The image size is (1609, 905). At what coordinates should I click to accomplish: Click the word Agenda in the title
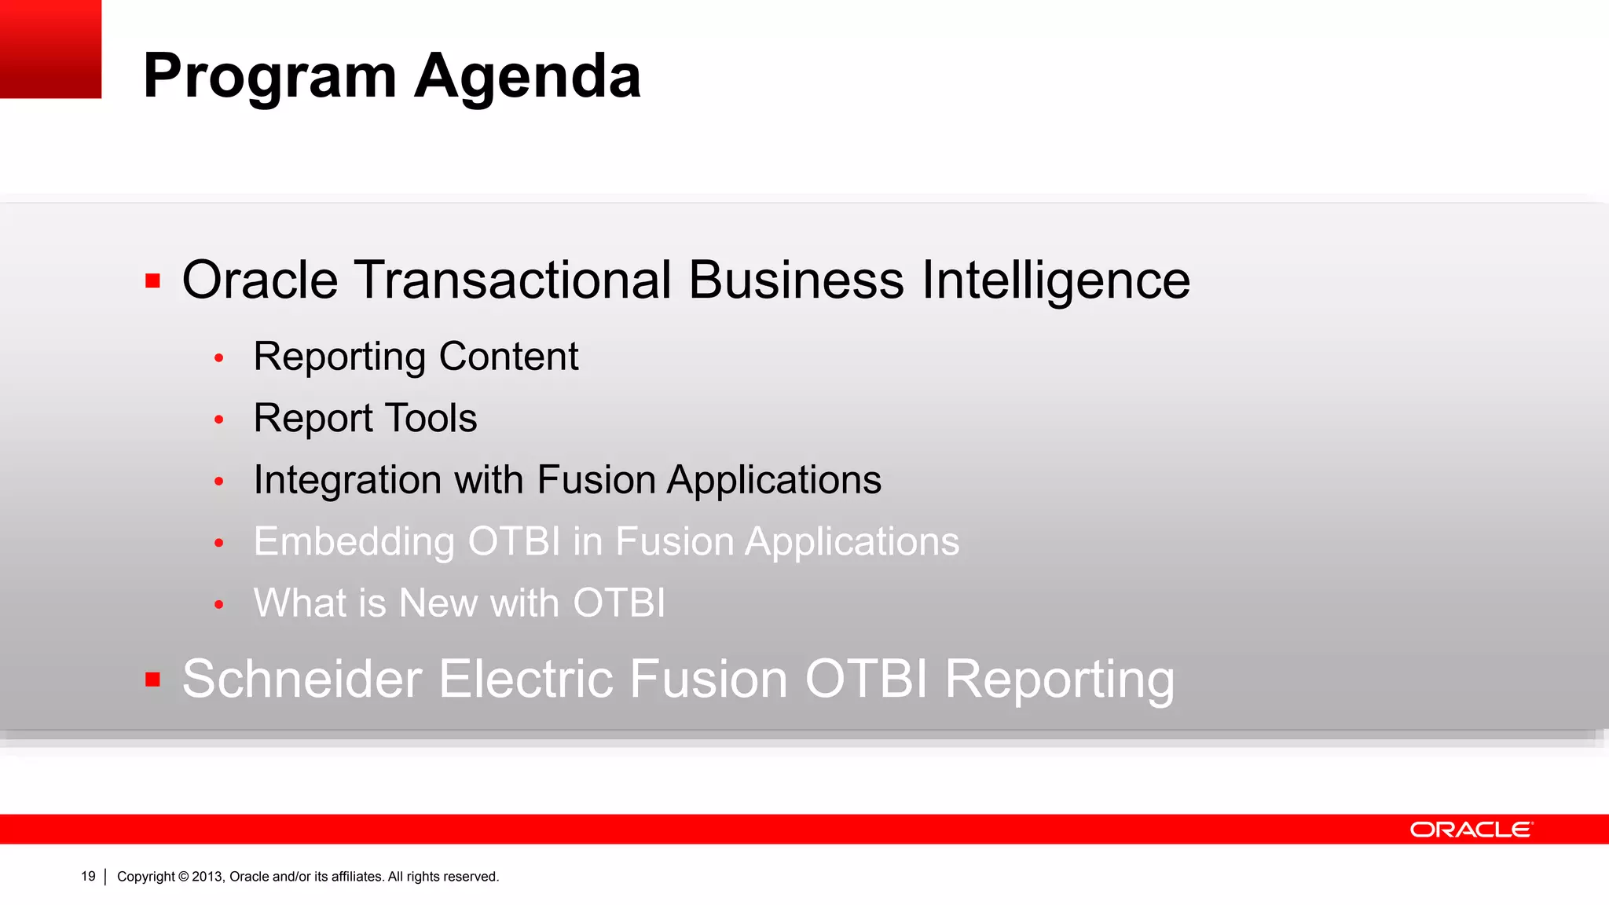[x=527, y=77]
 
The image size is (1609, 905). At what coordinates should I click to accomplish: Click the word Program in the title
[x=269, y=77]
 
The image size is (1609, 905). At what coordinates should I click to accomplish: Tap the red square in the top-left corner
[x=50, y=49]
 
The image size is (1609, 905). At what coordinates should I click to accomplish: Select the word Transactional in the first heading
[x=513, y=280]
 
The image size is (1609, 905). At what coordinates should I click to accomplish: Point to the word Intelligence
[x=1056, y=280]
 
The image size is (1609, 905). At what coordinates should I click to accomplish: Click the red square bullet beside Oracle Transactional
[x=153, y=280]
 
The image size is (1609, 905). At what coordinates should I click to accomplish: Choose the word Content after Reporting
[x=508, y=357]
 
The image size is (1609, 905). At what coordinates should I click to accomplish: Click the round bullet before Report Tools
[x=219, y=420]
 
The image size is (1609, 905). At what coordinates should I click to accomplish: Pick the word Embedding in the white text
[x=354, y=542]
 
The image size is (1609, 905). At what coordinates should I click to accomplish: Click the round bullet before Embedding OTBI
[x=219, y=543]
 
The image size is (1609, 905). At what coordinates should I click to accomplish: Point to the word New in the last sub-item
[x=438, y=603]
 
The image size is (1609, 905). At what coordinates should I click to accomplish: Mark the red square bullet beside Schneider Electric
[x=153, y=680]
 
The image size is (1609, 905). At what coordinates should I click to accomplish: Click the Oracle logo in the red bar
[x=1471, y=830]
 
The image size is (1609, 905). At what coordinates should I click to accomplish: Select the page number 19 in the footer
[x=88, y=877]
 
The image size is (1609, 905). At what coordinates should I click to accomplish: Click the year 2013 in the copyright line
[x=207, y=877]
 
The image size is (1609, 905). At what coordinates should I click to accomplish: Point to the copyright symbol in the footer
[x=183, y=877]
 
